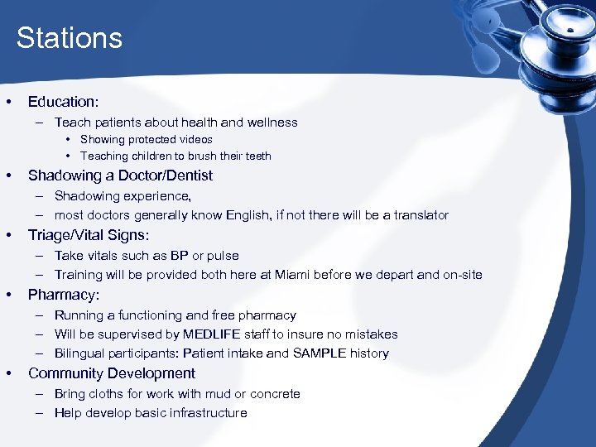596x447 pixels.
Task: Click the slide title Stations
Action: coord(69,38)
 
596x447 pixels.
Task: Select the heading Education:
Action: coord(63,102)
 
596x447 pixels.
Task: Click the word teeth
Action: coord(257,156)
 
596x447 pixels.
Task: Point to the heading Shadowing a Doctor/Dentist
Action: coord(120,175)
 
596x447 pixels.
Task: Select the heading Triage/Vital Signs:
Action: coord(88,235)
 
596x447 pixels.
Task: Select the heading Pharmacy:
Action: coord(64,295)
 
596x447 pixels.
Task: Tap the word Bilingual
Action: coord(79,353)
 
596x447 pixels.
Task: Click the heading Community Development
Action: coord(112,373)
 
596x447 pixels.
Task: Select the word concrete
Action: coord(272,394)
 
